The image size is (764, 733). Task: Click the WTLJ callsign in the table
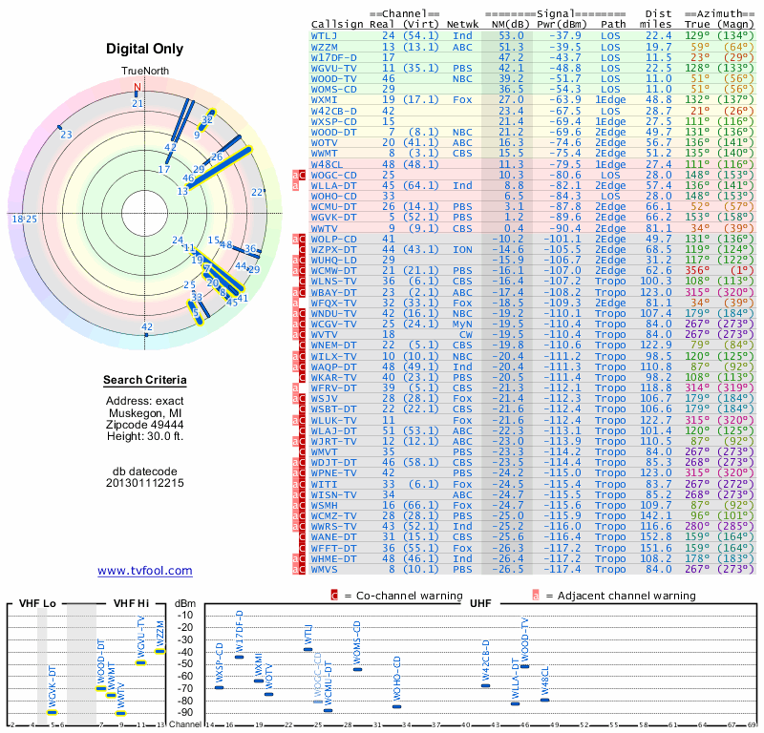coord(325,35)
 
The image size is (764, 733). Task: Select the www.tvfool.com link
coord(144,571)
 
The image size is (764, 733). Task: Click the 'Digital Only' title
coord(145,50)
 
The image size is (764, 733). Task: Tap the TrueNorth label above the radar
coord(144,72)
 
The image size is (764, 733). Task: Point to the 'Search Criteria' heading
coord(145,381)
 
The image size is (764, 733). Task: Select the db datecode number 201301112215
coord(145,483)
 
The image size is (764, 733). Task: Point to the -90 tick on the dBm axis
coord(184,712)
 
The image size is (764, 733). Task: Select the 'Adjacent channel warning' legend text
coord(621,596)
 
